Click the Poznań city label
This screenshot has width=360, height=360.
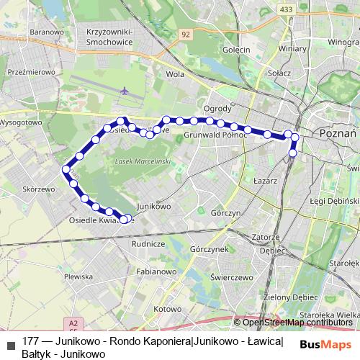tap(335, 134)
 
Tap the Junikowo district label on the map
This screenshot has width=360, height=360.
tap(152, 205)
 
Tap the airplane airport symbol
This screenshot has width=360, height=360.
tap(125, 91)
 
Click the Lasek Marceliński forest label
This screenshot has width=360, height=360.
tap(142, 162)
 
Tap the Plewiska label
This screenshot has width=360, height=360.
tap(78, 276)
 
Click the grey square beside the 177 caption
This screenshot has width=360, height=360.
tap(10, 341)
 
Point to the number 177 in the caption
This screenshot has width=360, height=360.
tap(30, 341)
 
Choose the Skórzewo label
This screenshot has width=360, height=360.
tap(39, 189)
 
